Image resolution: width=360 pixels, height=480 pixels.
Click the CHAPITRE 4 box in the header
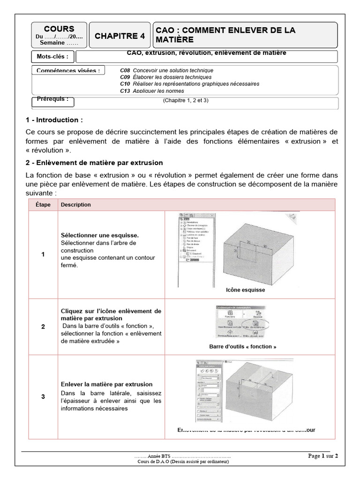(120, 36)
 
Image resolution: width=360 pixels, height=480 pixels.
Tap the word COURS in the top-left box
(59, 29)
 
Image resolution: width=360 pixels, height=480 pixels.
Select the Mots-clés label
(52, 57)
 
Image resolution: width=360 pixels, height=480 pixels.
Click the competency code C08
(124, 70)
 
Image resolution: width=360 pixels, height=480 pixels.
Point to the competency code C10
(124, 84)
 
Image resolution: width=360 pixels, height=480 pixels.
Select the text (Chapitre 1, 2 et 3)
(186, 101)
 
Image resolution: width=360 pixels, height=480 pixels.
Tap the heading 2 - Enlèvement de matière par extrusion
(95, 163)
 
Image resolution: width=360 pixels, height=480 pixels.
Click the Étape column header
(43, 205)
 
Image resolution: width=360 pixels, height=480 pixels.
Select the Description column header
(76, 205)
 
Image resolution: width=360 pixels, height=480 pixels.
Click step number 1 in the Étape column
(43, 255)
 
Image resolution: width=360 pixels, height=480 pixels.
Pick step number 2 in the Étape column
(43, 326)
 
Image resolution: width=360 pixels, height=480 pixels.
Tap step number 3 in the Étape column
(43, 397)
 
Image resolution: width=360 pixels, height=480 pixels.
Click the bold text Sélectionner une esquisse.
(100, 235)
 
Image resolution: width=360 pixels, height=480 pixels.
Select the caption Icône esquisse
(245, 290)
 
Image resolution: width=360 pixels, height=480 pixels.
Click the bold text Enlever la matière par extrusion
(106, 384)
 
